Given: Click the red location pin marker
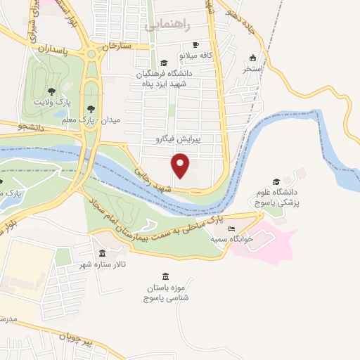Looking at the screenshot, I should tap(181, 166).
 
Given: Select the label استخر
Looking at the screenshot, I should tap(252, 69).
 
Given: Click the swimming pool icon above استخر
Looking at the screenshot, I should tap(252, 58).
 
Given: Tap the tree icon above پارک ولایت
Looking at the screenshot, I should tap(51, 91).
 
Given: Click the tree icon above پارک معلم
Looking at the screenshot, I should tap(91, 108).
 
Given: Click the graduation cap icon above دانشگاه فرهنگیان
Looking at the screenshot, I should tap(164, 62).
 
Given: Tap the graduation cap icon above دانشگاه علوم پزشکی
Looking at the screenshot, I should tap(276, 181).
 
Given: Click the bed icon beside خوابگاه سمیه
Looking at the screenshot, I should tap(231, 230).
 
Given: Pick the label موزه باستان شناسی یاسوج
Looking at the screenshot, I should tap(165, 293).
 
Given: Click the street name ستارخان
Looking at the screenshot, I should tap(117, 46).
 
